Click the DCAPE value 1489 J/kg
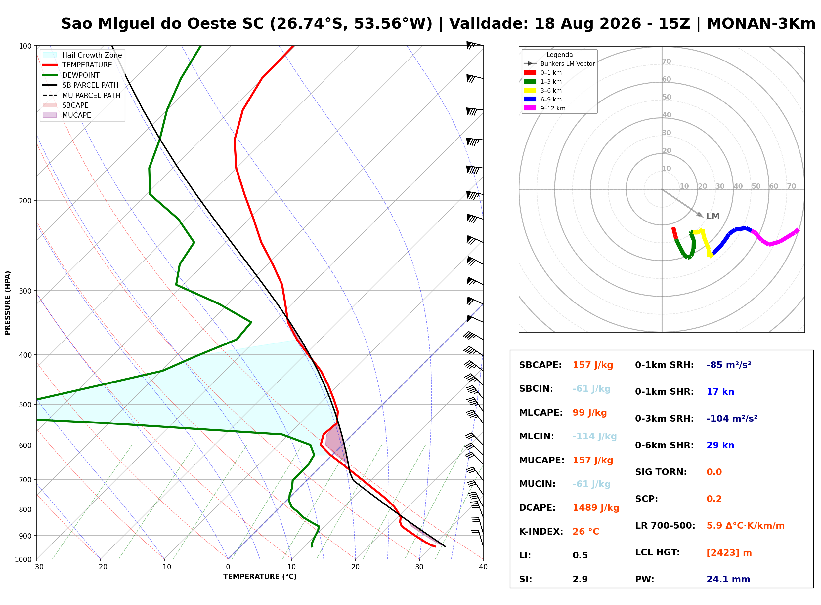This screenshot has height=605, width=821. point(596,507)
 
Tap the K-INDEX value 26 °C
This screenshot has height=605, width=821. point(585,531)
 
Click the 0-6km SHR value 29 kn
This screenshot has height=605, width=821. point(720,445)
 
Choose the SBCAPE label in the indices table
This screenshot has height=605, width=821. point(540,365)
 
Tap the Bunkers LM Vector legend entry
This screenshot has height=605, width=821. point(559,64)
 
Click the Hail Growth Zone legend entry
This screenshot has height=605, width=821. point(82,55)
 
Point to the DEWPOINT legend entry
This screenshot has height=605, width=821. point(71,75)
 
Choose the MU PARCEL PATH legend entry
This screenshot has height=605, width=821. point(81,95)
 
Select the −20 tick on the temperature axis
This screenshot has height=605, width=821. point(100,567)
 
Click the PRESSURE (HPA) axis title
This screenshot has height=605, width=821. point(8,302)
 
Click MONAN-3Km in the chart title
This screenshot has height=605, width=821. point(761,24)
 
